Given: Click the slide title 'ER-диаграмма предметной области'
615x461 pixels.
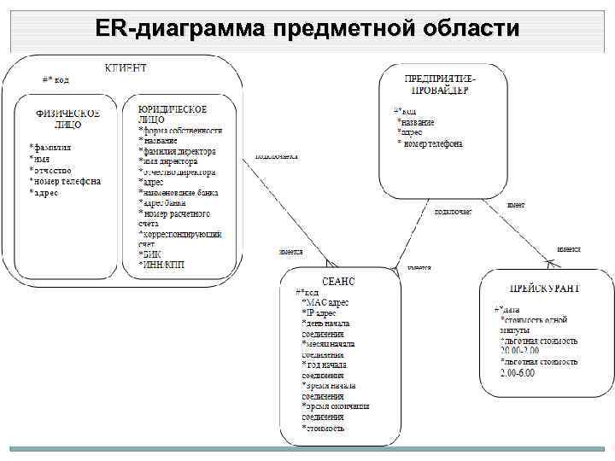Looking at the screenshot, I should tap(307, 28).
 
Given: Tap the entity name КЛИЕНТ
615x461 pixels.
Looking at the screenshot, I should tap(126, 67).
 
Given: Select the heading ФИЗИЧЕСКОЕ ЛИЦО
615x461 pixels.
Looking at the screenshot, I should tap(67, 119).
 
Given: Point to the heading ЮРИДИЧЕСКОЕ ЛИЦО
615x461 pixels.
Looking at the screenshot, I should tap(173, 114).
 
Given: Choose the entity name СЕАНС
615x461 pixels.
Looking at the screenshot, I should tap(339, 280).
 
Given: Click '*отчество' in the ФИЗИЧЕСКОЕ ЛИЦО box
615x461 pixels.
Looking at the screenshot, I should tap(52, 170).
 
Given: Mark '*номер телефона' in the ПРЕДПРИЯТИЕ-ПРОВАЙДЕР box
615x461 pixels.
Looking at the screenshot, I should tap(430, 143).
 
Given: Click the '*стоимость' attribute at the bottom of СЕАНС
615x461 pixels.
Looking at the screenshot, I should tap(324, 427).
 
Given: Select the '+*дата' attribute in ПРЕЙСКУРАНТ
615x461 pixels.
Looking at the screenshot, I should tap(507, 309).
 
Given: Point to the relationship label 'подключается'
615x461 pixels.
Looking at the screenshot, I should tap(277, 157).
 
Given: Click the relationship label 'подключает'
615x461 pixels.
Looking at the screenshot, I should tap(453, 211).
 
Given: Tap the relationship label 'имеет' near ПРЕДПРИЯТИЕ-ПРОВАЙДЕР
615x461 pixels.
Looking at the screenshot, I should tap(516, 205).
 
